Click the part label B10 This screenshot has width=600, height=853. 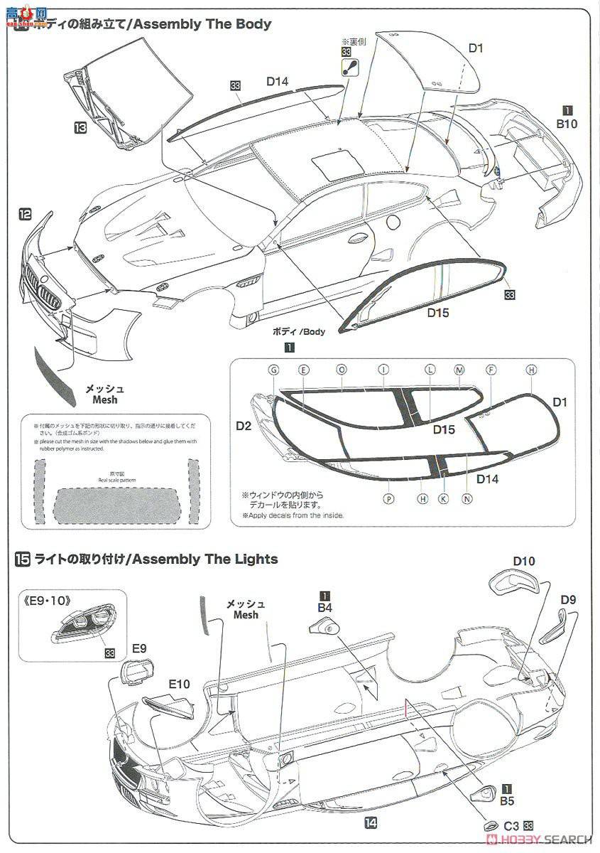568,123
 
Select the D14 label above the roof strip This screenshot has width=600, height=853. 278,82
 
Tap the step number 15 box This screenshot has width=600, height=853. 22,559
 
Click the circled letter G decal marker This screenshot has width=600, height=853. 273,370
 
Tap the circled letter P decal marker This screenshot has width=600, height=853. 388,499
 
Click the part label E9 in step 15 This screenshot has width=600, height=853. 139,648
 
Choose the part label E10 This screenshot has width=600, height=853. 179,684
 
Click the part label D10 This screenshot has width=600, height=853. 523,562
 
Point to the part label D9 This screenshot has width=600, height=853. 567,599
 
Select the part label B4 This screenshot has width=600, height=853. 324,608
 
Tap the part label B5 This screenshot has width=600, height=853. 506,801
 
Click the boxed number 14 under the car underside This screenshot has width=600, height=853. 370,823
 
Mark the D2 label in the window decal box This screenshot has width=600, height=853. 244,426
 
